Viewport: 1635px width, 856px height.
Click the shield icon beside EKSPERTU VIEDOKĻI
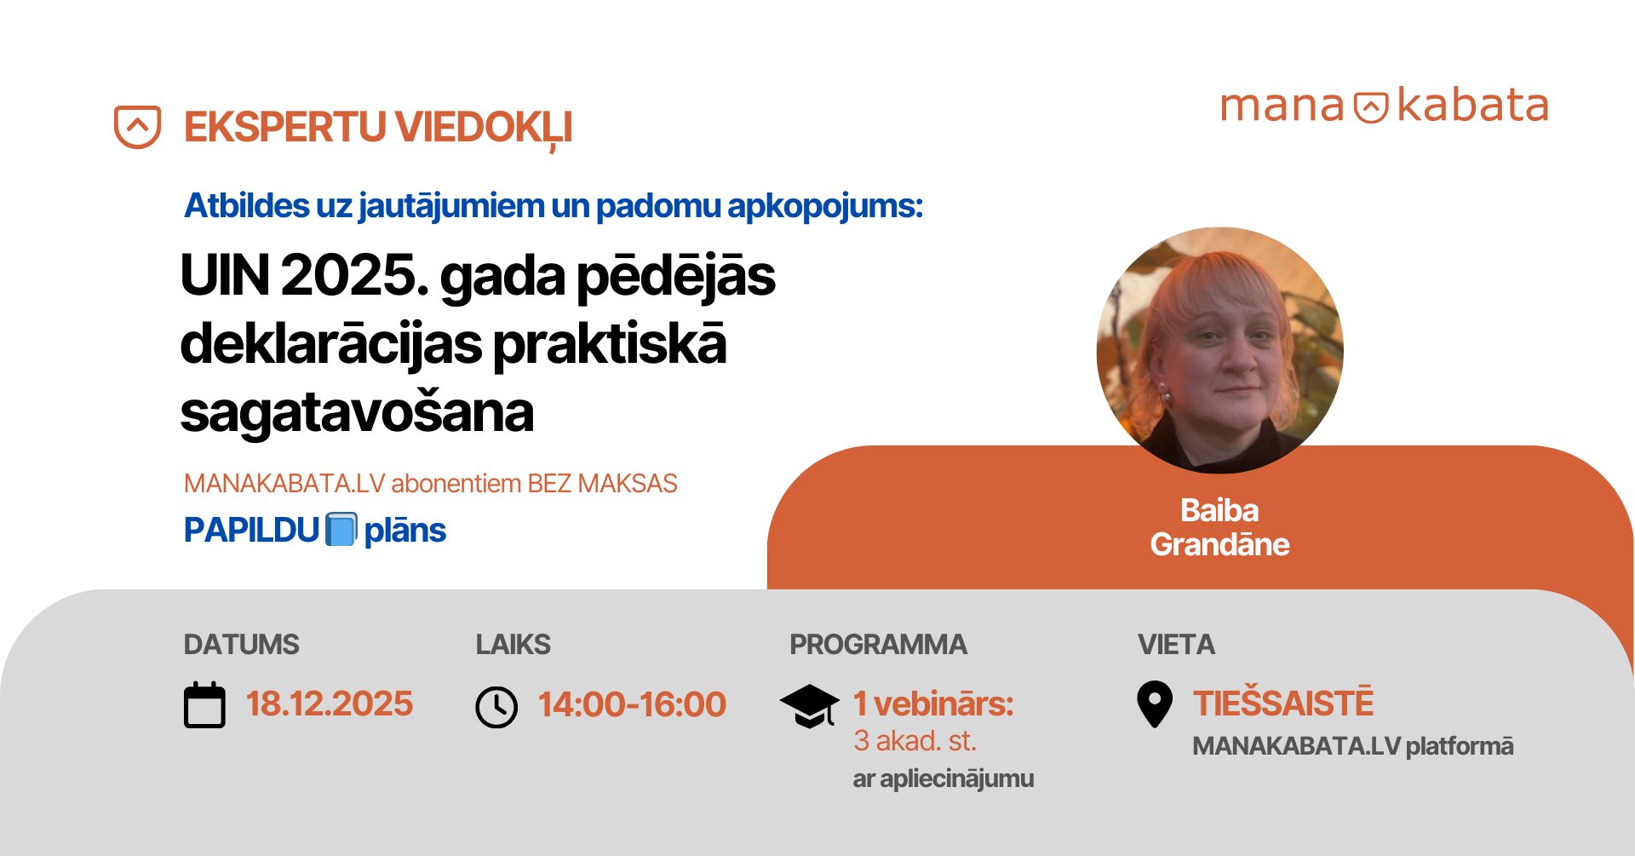click(137, 127)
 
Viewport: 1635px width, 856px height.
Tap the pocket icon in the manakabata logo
click(1371, 107)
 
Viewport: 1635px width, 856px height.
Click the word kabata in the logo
click(1473, 106)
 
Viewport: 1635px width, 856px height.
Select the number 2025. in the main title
click(354, 276)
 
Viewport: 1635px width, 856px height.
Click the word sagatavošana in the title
click(357, 413)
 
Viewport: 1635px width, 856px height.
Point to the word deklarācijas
click(331, 345)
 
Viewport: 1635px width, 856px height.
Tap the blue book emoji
click(341, 530)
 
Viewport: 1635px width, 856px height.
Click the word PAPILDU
click(251, 531)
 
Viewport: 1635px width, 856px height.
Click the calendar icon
click(204, 705)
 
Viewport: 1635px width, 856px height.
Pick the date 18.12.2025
click(330, 704)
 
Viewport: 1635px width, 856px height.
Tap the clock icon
click(496, 707)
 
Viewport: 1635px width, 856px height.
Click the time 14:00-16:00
click(632, 704)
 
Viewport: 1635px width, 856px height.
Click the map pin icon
click(1155, 704)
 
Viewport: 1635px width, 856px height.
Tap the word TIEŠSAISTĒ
click(1283, 704)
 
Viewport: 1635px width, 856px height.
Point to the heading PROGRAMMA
click(878, 645)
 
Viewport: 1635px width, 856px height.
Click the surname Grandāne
click(1219, 545)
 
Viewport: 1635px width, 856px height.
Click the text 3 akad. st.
click(915, 741)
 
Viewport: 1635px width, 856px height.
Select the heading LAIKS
click(513, 645)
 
